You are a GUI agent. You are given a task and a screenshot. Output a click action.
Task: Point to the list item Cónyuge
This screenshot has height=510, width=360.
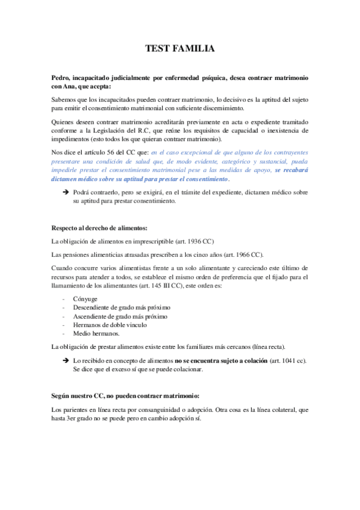pyautogui.click(x=85, y=298)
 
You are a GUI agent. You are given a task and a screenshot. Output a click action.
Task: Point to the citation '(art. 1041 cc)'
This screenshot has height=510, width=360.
pyautogui.click(x=288, y=360)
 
